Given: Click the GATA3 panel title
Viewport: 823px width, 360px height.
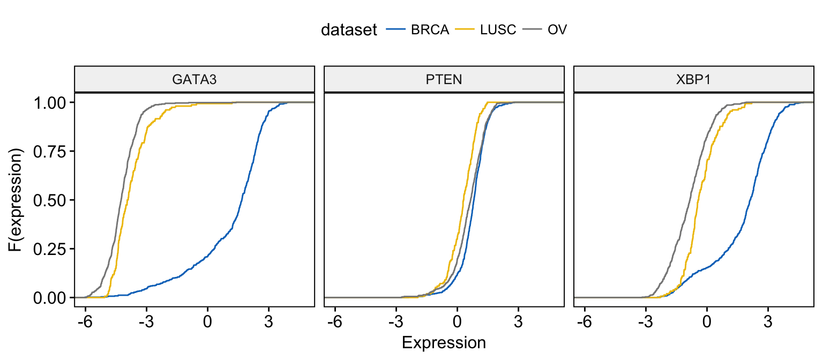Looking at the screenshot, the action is tap(194, 79).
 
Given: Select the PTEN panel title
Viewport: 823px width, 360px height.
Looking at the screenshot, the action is tap(444, 79).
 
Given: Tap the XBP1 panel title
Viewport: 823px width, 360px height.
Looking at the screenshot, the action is tap(693, 79).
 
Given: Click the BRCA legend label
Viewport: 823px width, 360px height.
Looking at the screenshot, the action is tap(430, 29).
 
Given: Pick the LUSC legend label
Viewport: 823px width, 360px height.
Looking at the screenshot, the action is tap(498, 29).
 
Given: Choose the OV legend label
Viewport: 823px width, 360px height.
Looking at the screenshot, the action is tap(557, 29).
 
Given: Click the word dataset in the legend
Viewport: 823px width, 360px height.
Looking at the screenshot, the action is tap(349, 29).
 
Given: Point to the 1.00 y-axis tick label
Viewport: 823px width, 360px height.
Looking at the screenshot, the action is tap(50, 103).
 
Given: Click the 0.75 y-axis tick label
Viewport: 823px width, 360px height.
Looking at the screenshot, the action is tap(50, 152).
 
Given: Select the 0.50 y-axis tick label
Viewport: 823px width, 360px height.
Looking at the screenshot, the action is tap(50, 200).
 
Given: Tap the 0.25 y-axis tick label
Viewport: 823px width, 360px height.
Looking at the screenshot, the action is tap(50, 249).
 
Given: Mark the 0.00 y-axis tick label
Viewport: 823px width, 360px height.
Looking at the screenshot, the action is tap(50, 298).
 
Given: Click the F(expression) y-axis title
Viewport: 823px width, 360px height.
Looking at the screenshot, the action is tap(15, 200).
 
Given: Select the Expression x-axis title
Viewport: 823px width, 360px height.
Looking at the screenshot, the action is tap(444, 342).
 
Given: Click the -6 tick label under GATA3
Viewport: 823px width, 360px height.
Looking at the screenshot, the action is tap(85, 322).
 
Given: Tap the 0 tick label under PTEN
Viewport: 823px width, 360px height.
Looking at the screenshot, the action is tap(457, 322).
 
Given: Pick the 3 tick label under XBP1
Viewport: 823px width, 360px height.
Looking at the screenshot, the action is tap(768, 322).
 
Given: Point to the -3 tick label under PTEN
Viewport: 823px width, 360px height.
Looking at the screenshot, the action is tap(396, 322).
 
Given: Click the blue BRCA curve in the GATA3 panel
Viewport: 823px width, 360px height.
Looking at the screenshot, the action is tap(232, 228).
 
